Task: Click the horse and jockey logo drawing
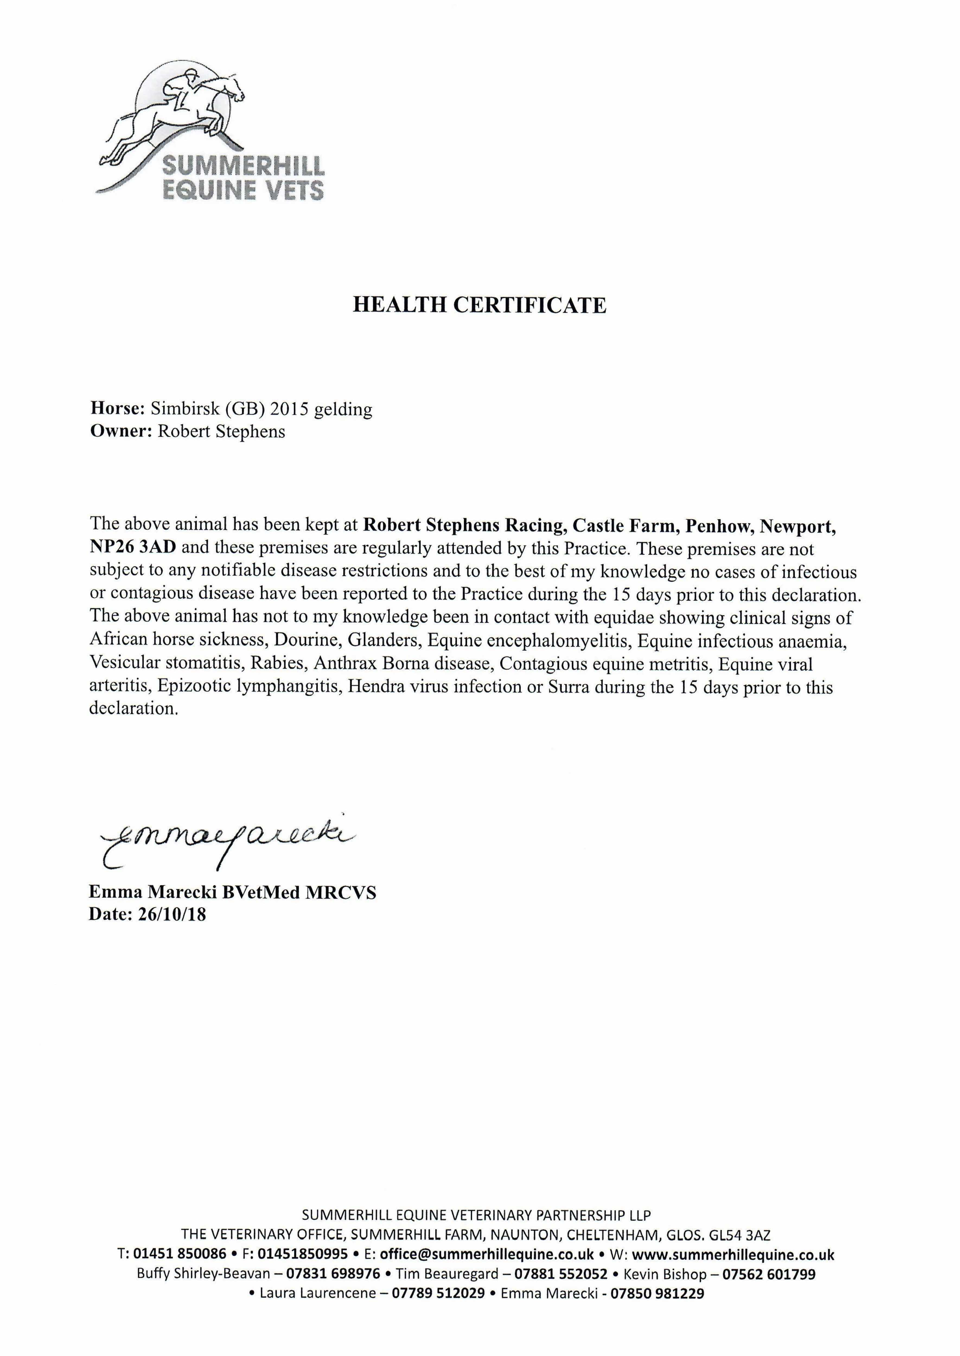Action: pos(177,118)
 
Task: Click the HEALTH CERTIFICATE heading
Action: pos(479,305)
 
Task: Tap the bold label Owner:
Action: pos(121,431)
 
